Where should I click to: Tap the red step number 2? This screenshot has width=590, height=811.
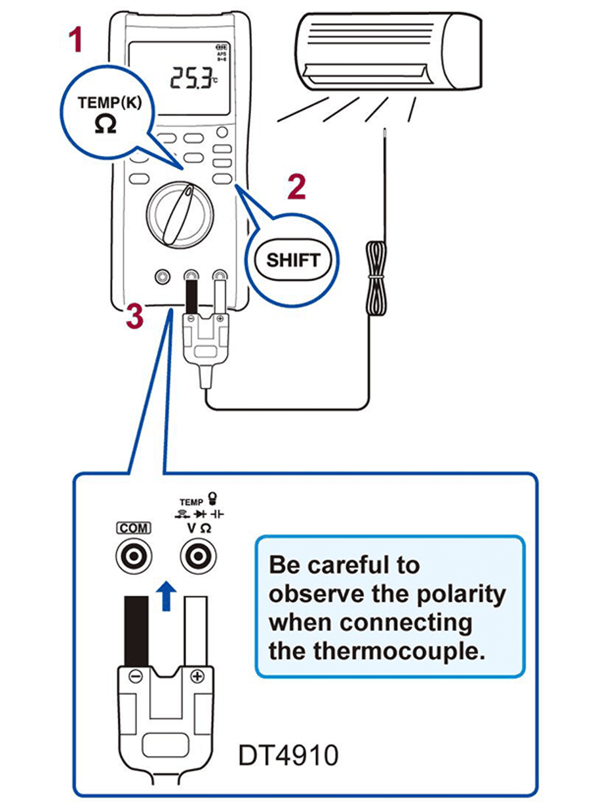tap(297, 188)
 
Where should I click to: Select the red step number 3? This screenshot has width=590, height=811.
tap(134, 317)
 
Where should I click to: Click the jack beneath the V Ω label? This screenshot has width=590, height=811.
tap(196, 557)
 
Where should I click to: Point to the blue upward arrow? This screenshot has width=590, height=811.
tap(168, 595)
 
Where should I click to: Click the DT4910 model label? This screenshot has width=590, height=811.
tap(288, 755)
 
